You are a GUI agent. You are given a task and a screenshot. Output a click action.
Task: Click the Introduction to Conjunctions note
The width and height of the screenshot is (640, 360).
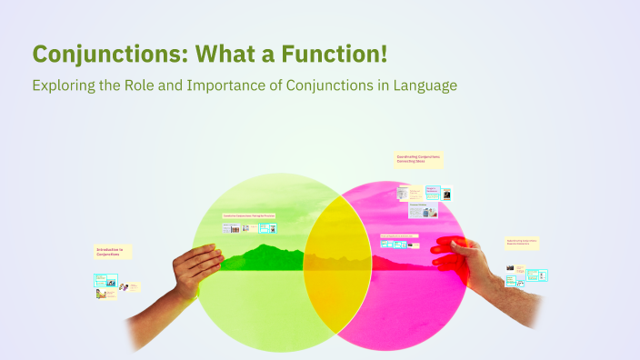113,252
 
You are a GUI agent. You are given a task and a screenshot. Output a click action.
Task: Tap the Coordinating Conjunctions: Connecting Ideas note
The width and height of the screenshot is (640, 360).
418,159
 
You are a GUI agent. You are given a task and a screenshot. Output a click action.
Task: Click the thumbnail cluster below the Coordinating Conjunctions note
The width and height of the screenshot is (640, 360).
423,200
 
